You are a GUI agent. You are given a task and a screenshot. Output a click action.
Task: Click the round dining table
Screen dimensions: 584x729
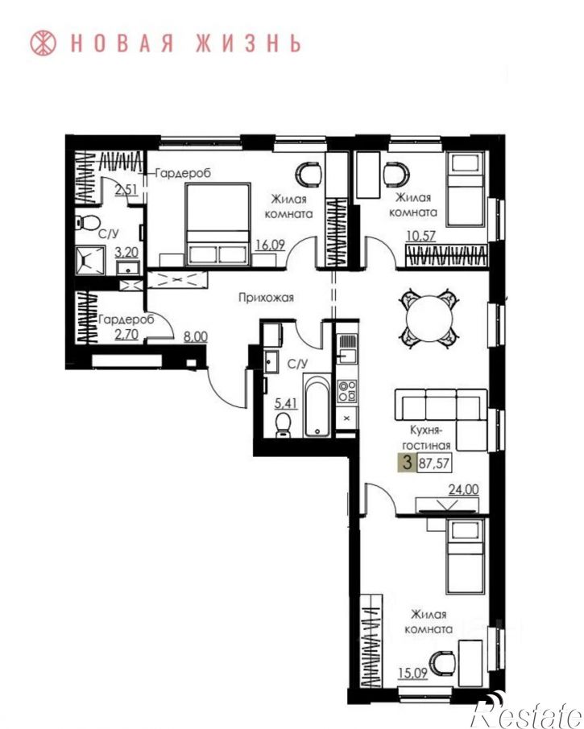429,319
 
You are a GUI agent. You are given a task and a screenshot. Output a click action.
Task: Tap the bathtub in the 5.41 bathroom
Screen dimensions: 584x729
317,405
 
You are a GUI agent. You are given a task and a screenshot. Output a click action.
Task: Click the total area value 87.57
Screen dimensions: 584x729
434,463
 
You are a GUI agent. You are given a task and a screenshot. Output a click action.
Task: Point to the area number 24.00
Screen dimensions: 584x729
463,489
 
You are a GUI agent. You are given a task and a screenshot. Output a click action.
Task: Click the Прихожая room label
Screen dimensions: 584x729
266,297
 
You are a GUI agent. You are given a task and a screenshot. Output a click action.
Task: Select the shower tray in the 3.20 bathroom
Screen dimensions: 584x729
89,261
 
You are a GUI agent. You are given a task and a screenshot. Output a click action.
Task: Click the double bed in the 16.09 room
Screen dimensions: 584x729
217,224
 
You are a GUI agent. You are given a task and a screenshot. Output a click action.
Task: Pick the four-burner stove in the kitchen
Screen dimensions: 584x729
347,391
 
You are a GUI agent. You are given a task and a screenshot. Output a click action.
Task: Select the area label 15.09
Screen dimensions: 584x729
412,673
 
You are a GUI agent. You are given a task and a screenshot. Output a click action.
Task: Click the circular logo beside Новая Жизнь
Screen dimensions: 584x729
43,43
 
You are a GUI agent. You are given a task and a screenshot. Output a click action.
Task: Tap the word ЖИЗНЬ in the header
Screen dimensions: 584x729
248,43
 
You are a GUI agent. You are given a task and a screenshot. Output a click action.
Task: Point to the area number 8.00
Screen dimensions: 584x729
196,336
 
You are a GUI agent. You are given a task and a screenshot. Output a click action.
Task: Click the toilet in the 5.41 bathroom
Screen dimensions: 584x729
283,426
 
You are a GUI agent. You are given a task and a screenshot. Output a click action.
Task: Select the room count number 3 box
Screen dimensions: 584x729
408,463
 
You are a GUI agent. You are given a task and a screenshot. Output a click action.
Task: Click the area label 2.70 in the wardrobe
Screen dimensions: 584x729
126,333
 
